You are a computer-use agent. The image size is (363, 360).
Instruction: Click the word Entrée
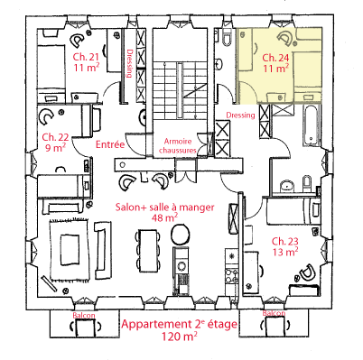(x=110, y=144)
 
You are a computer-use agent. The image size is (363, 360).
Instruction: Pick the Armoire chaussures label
(x=178, y=145)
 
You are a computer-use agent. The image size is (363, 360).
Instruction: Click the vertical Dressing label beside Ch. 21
(x=130, y=63)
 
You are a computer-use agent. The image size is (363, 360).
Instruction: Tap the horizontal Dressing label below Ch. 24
(x=240, y=115)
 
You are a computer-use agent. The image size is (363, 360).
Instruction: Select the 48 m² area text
(x=164, y=217)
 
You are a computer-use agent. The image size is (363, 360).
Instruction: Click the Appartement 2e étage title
(x=180, y=325)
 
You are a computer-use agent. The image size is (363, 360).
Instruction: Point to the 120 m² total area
(x=180, y=337)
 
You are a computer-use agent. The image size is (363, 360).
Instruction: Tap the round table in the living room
(x=180, y=235)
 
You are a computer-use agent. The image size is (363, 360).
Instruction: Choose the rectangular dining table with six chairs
(x=148, y=251)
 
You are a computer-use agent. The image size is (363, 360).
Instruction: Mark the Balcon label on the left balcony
(x=84, y=315)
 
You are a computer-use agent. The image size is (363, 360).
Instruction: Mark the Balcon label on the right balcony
(x=274, y=313)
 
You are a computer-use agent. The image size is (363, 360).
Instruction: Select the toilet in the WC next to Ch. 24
(x=227, y=38)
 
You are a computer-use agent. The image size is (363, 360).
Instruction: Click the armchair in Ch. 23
(x=307, y=272)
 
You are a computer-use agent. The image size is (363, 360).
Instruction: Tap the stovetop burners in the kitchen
(x=231, y=276)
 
